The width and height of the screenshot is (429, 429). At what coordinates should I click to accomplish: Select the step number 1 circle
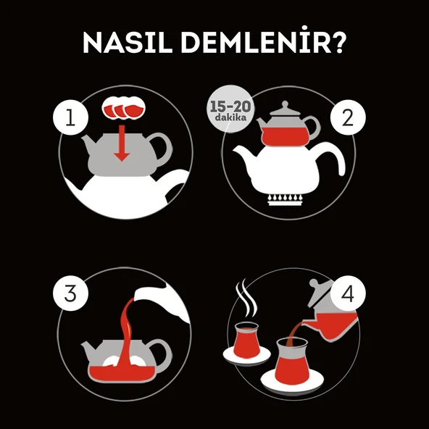pos(70,120)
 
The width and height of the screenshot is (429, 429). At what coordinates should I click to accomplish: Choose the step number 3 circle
pos(70,295)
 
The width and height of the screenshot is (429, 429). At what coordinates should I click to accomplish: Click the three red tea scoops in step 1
pos(122,108)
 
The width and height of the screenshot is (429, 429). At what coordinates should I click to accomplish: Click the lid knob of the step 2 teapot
pos(288,105)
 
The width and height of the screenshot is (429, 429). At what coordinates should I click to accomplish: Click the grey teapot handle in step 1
pos(163,149)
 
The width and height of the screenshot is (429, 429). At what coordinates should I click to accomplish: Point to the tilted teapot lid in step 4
pos(320,293)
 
